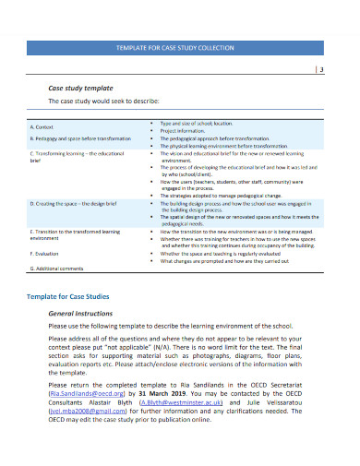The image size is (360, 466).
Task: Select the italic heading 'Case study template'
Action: click(80, 87)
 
